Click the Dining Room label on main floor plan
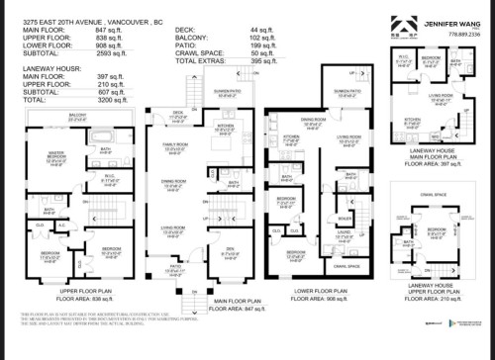click(175, 181)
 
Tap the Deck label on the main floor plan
click(178, 114)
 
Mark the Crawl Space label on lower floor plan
click(346, 266)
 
